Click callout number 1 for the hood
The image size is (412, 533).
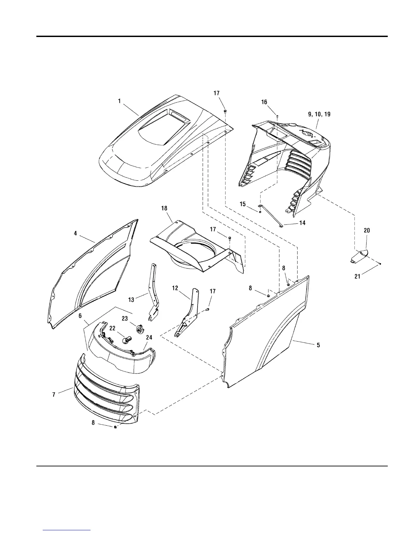[119, 100]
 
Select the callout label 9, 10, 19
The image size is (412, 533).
[319, 114]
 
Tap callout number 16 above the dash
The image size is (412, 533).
[264, 102]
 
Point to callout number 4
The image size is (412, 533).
[75, 233]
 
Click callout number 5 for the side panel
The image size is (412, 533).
[318, 345]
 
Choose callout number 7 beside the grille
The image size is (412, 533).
[54, 395]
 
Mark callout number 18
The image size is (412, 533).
[164, 209]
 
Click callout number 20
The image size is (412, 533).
[367, 230]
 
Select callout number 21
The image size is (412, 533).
[357, 277]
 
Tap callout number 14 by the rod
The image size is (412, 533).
[302, 223]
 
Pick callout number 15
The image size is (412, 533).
[243, 204]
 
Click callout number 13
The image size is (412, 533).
[131, 299]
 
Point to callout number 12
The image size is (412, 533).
[175, 288]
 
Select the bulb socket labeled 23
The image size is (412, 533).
[139, 328]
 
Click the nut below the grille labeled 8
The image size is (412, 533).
[115, 427]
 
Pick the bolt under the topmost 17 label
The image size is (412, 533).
[225, 110]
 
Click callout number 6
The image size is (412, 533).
[80, 316]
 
